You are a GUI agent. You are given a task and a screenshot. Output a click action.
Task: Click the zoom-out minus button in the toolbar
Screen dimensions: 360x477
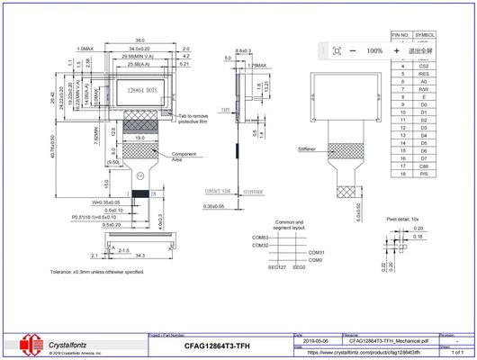pos(352,51)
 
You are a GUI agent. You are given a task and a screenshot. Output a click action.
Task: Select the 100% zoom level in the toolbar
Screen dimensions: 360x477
pos(374,51)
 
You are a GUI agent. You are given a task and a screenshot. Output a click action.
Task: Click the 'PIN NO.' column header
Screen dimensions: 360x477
pos(400,34)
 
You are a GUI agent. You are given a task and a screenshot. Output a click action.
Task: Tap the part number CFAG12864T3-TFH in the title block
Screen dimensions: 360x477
pos(217,346)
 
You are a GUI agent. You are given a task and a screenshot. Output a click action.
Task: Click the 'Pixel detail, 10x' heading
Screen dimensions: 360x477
pos(409,219)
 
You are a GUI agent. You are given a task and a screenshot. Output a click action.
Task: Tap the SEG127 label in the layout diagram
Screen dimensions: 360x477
pos(277,266)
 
